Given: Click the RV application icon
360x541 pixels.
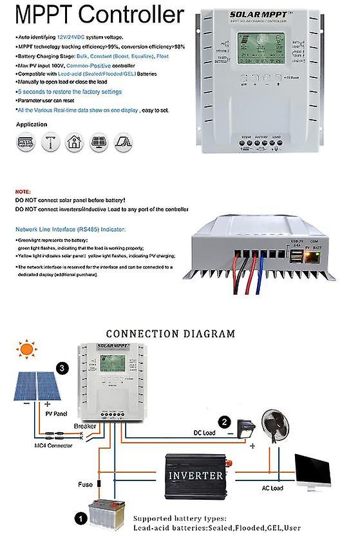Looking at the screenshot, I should point(23,142).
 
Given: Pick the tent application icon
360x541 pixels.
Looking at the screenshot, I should point(122,142).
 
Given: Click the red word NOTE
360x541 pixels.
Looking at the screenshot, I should point(22,192).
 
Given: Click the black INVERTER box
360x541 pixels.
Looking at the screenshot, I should point(196,475).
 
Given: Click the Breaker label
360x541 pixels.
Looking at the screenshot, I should point(86,426).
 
